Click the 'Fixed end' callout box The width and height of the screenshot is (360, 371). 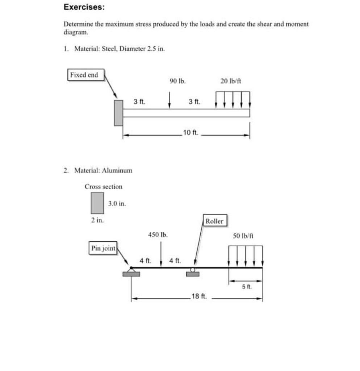[84, 75]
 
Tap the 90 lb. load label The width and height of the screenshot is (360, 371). [177, 81]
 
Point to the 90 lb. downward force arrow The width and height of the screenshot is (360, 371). [169, 100]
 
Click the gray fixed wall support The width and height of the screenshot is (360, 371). [118, 113]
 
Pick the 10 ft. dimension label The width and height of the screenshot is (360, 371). [191, 132]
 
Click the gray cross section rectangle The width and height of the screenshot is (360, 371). [97, 203]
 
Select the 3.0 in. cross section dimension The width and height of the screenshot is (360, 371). [117, 204]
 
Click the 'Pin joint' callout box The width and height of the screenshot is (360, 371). [103, 249]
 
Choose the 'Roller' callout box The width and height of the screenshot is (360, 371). [214, 221]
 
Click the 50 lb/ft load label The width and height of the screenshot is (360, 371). [243, 235]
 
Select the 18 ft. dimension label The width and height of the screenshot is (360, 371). [199, 296]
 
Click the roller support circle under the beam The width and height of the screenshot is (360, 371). [193, 270]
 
